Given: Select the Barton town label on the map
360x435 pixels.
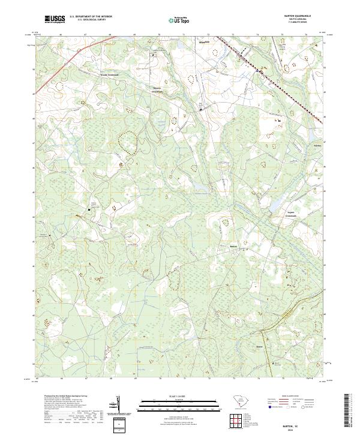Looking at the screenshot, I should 235,246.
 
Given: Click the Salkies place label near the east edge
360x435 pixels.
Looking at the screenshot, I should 310,145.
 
